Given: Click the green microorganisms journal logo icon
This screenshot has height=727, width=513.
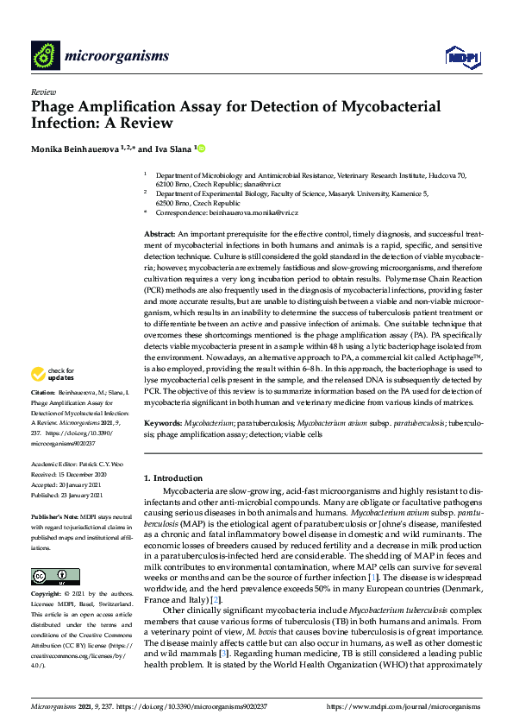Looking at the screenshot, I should click(x=44, y=55).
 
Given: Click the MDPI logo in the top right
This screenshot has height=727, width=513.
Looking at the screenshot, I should click(x=462, y=56).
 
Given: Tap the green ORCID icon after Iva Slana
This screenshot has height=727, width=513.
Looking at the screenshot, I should click(x=202, y=149).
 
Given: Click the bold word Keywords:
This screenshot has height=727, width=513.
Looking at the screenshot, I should click(x=162, y=425).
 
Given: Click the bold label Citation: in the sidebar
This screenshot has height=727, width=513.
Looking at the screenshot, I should click(x=46, y=392).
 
